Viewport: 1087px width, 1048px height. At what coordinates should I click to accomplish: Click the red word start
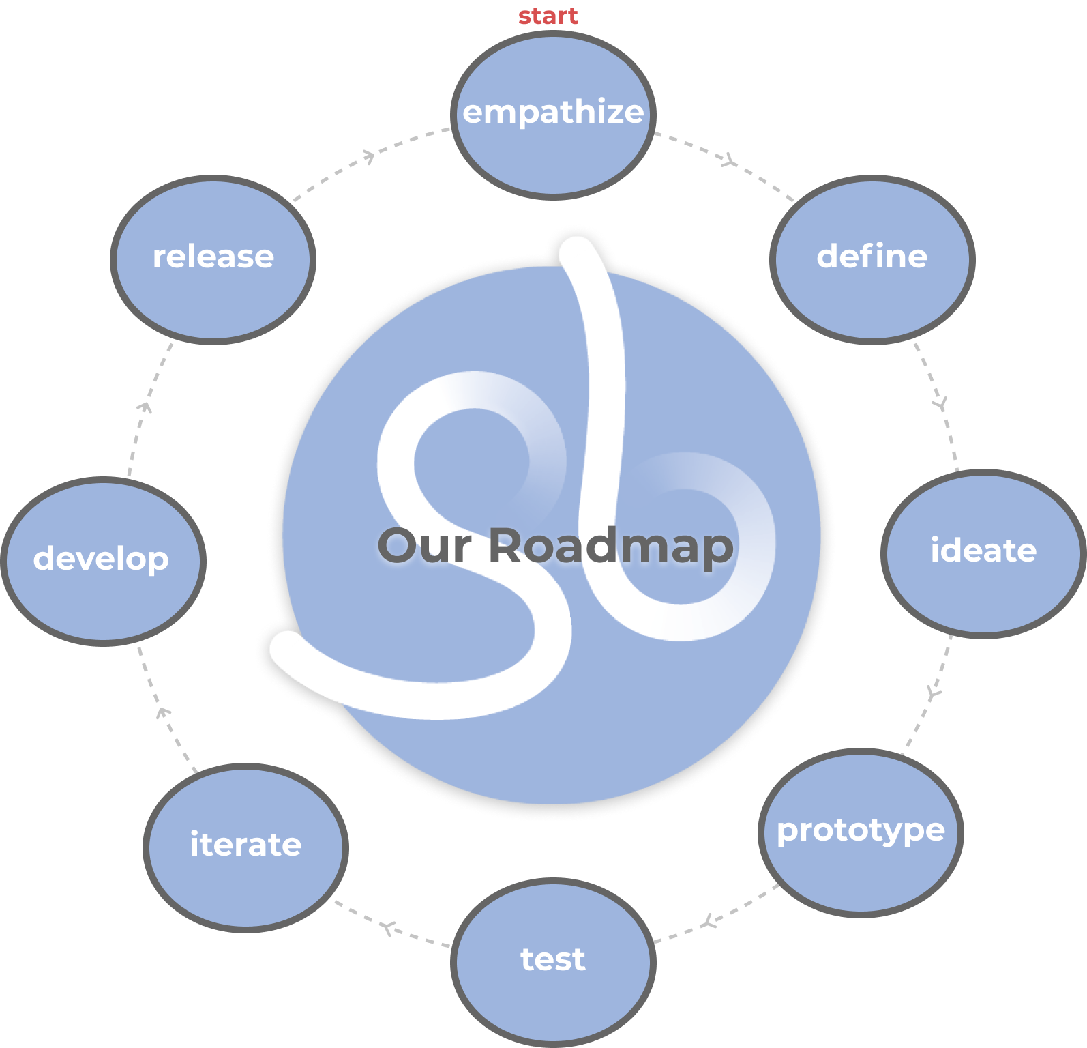548,16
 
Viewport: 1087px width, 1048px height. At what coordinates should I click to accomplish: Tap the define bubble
872,259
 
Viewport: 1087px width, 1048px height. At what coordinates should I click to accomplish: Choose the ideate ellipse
983,553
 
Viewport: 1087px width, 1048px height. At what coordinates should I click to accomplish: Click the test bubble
553,961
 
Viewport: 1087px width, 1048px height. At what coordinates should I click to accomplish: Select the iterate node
245,847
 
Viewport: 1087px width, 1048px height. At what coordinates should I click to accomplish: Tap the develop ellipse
103,560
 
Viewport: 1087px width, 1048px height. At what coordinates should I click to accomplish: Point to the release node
213,259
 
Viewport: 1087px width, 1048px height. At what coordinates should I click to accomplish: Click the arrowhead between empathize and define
730,162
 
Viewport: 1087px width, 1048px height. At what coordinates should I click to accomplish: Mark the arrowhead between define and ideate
941,405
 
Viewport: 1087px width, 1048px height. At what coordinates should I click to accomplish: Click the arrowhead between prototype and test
710,922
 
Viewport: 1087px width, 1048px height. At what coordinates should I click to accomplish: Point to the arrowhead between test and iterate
388,928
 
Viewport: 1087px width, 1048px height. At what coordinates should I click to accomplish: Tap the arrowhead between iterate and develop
162,712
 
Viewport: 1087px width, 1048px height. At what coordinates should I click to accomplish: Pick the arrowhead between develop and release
145,407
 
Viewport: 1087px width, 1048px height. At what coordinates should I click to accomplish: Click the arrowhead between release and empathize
369,157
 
